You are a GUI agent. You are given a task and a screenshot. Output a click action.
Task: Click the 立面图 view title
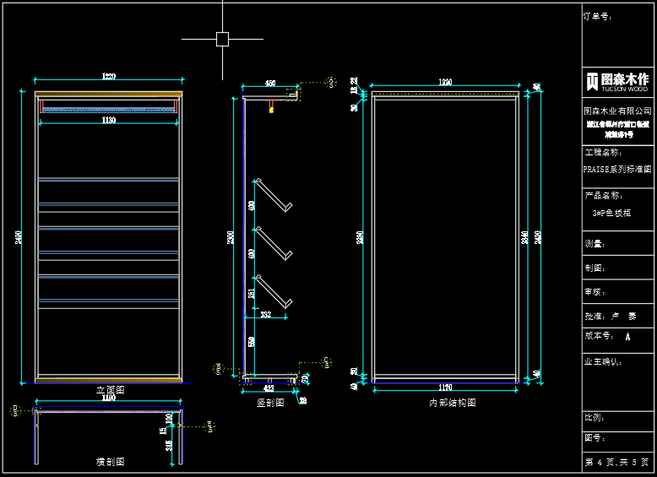point(110,390)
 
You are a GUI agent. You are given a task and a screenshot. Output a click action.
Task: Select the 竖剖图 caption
point(270,403)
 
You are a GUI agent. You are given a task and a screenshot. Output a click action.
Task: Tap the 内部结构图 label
point(452,404)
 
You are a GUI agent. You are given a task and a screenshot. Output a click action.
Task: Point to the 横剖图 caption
point(110,462)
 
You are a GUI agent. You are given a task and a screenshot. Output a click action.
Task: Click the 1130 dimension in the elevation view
point(109,121)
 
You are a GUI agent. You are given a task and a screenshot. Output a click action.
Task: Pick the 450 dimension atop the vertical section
point(270,84)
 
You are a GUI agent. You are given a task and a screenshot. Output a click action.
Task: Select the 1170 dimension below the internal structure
point(445,388)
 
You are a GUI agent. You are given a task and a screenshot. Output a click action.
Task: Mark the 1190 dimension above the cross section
point(109,398)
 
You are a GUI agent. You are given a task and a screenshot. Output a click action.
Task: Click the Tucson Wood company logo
point(617,81)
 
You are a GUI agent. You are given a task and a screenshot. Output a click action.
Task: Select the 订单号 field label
point(598,16)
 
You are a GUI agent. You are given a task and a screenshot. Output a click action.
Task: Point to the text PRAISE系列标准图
point(617,169)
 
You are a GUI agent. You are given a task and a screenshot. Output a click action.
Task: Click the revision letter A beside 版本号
point(627,336)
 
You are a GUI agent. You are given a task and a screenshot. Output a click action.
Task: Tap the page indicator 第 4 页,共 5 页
point(617,463)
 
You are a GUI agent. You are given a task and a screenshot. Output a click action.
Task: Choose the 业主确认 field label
point(604,361)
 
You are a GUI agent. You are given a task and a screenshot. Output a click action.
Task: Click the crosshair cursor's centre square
point(222,39)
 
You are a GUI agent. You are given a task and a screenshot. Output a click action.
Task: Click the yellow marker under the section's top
point(271,110)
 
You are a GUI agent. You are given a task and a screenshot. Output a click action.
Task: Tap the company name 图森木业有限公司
point(617,111)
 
